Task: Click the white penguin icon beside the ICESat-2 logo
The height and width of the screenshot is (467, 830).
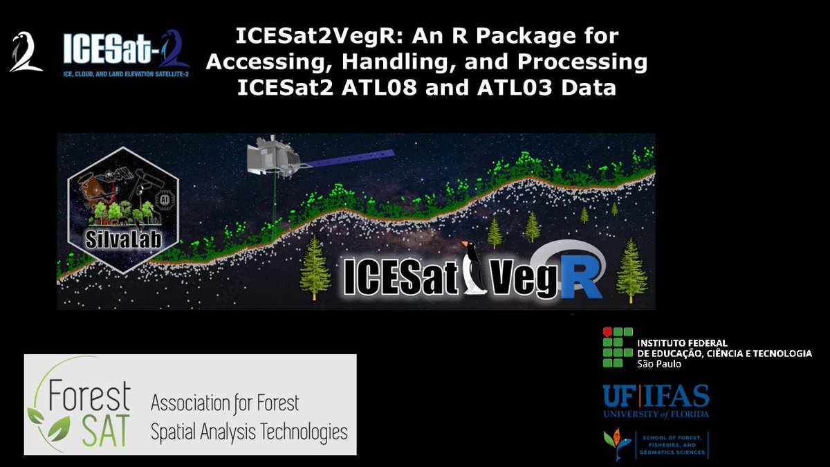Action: pyautogui.click(x=26, y=53)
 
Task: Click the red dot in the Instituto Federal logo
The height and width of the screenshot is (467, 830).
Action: pyautogui.click(x=608, y=333)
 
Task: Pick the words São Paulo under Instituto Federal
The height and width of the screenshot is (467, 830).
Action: pyautogui.click(x=658, y=363)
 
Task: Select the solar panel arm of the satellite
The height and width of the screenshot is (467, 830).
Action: pyautogui.click(x=349, y=158)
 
